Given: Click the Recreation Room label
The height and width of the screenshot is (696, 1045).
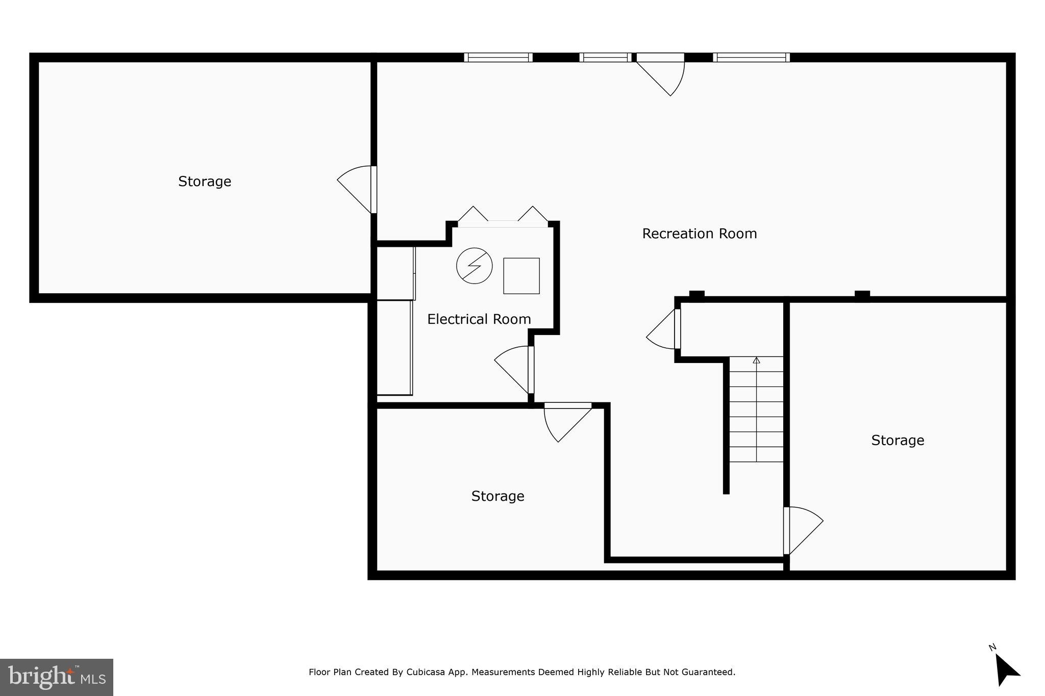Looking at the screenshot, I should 699,234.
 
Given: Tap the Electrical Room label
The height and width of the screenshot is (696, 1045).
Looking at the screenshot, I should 479,319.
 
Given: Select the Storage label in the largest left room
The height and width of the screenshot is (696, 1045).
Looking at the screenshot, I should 204,182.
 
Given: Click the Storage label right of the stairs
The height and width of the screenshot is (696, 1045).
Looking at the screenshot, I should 897,440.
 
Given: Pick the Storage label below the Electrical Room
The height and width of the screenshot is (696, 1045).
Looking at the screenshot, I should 497,496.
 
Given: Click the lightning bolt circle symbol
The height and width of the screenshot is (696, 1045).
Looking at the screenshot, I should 474,266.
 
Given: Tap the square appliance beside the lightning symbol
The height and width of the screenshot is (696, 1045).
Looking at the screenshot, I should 521,276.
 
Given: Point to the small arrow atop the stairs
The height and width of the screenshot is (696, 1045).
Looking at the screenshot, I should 756,360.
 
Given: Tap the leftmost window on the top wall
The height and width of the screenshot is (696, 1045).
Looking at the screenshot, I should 498,58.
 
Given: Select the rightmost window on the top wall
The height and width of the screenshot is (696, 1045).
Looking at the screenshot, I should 751,58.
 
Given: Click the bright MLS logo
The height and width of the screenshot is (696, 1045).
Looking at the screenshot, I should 56,677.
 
